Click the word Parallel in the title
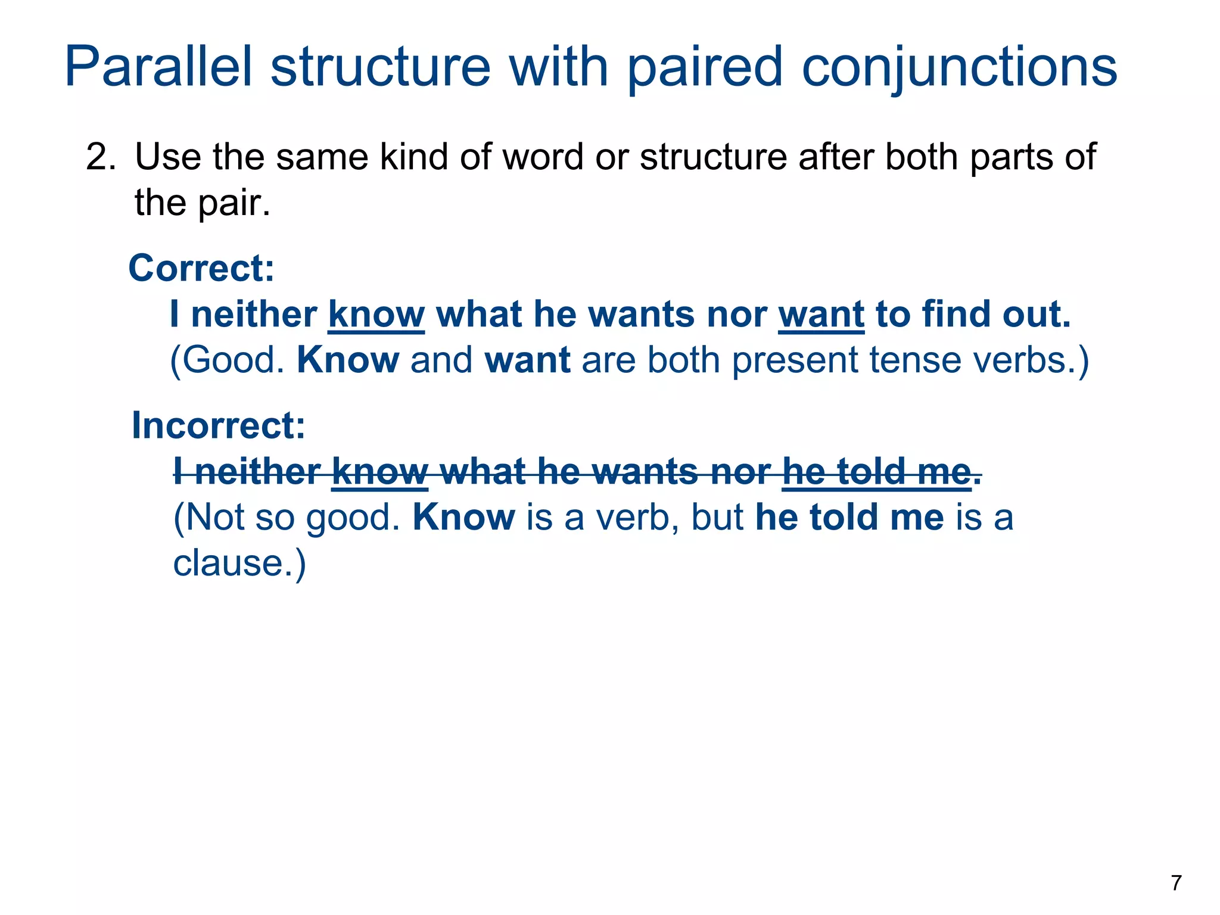click(x=158, y=67)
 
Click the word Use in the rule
click(x=168, y=157)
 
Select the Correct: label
click(x=201, y=268)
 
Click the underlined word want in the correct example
click(x=821, y=315)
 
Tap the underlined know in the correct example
click(x=376, y=315)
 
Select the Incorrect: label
click(x=218, y=425)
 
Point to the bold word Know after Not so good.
click(x=463, y=517)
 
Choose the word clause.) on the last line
click(x=239, y=563)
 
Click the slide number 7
click(x=1176, y=883)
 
